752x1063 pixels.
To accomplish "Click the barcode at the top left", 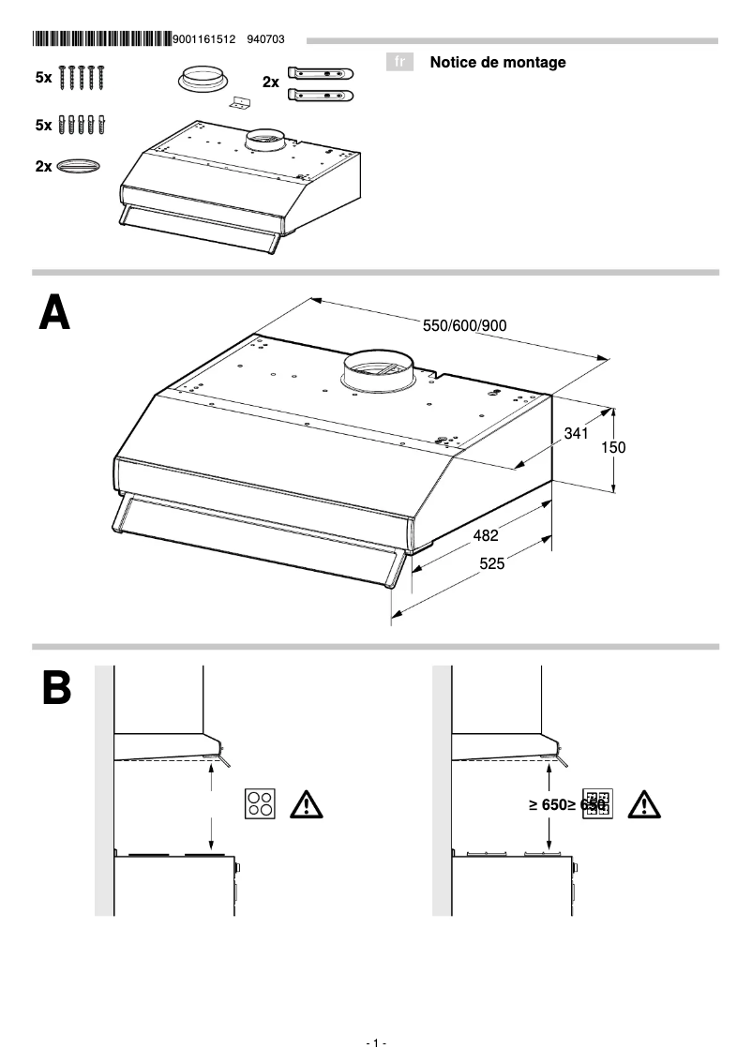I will point(101,39).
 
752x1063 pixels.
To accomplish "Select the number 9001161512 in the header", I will point(205,39).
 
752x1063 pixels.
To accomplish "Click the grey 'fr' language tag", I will point(399,63).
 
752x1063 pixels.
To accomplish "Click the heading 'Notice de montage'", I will point(498,63).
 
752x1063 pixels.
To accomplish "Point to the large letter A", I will point(54,312).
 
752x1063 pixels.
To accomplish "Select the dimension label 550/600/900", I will point(465,325).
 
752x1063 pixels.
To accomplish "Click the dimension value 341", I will point(576,434).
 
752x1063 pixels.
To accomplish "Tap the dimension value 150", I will point(612,448).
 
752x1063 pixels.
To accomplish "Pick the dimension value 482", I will point(485,536).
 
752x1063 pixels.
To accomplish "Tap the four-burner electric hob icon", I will point(261,804).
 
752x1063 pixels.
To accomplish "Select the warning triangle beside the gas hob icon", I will point(643,804).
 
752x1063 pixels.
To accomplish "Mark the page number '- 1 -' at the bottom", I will point(375,1043).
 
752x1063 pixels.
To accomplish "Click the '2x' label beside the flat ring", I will point(44,166).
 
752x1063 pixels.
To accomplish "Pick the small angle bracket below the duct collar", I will point(242,105).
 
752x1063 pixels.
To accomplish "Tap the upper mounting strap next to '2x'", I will point(321,73).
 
